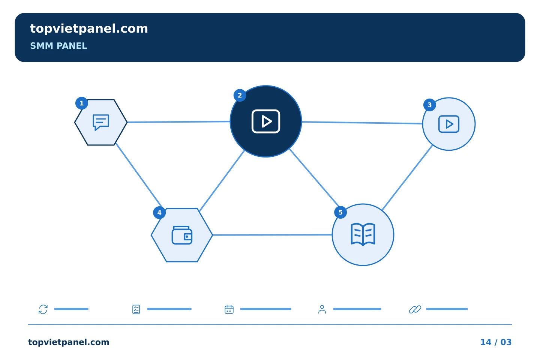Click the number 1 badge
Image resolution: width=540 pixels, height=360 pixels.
[x=81, y=103]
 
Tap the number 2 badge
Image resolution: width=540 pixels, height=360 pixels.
[x=240, y=95]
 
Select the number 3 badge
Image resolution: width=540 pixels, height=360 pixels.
[x=429, y=105]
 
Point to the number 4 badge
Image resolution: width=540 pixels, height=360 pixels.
[x=159, y=213]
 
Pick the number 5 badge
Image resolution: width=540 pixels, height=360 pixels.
[x=340, y=212]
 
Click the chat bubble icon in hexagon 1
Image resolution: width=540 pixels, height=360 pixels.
[x=101, y=122]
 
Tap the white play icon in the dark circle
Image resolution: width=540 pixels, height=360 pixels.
[x=265, y=121]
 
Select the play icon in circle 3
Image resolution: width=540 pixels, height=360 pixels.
[x=448, y=124]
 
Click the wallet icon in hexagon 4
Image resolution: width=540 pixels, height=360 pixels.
[x=182, y=235]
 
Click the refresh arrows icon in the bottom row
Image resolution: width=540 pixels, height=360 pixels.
[x=43, y=309]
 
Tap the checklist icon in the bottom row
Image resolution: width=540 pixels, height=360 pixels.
[x=136, y=309]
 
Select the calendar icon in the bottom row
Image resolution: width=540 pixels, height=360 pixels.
[x=229, y=309]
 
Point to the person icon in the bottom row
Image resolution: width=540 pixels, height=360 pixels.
[x=322, y=309]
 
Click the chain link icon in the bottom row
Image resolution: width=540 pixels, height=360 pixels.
[x=415, y=309]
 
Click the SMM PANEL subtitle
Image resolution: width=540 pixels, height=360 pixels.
[x=58, y=46]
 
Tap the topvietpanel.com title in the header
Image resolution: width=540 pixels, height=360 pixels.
[x=89, y=29]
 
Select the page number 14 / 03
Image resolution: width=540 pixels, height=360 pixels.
[x=496, y=342]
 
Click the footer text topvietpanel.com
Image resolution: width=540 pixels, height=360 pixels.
[x=69, y=342]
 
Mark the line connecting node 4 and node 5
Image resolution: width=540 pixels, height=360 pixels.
[x=272, y=235]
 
